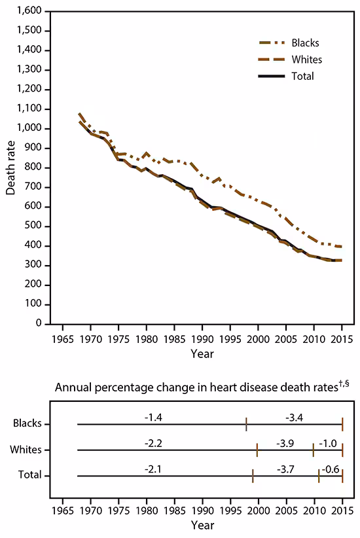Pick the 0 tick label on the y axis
41,324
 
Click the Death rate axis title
11,168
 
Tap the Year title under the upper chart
202,353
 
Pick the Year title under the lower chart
202,525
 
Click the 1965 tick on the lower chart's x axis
63,510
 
